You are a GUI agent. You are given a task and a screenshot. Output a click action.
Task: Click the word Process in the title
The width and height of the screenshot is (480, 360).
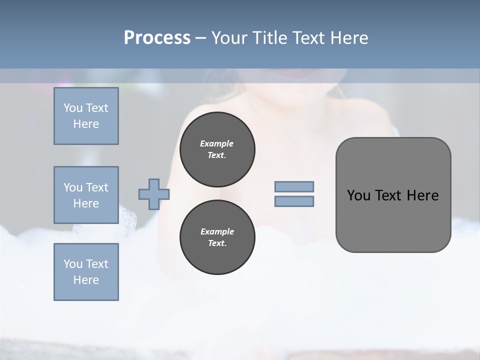[x=157, y=38]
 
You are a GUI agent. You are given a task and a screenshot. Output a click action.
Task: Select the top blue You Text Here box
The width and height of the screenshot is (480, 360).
[x=86, y=116]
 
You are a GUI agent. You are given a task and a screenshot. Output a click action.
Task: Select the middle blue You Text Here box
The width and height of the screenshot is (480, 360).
[x=86, y=195]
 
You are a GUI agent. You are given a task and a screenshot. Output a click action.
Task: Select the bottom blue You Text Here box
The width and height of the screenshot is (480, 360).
[x=86, y=272]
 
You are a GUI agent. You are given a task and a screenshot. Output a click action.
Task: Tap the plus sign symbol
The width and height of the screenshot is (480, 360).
[x=153, y=194]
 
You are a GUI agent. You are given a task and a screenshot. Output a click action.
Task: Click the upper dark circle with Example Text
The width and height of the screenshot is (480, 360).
[x=217, y=149]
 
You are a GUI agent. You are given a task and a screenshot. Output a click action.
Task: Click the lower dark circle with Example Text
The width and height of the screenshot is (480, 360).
[x=217, y=237]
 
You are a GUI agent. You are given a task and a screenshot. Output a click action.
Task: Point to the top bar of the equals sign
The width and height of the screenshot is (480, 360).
[x=294, y=186]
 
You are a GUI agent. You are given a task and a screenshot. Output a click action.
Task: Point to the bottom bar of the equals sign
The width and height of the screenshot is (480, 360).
[x=294, y=201]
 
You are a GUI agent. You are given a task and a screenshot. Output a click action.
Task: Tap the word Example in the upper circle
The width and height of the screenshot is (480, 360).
[x=217, y=143]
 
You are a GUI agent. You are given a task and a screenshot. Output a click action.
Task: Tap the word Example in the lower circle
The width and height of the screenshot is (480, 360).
[x=217, y=231]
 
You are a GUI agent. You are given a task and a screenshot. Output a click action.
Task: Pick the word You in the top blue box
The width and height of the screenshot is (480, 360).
[x=72, y=108]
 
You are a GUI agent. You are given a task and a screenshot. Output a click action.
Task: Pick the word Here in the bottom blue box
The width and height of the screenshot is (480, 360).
[x=86, y=280]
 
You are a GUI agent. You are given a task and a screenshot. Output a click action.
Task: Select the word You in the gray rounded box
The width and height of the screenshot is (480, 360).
[x=358, y=195]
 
